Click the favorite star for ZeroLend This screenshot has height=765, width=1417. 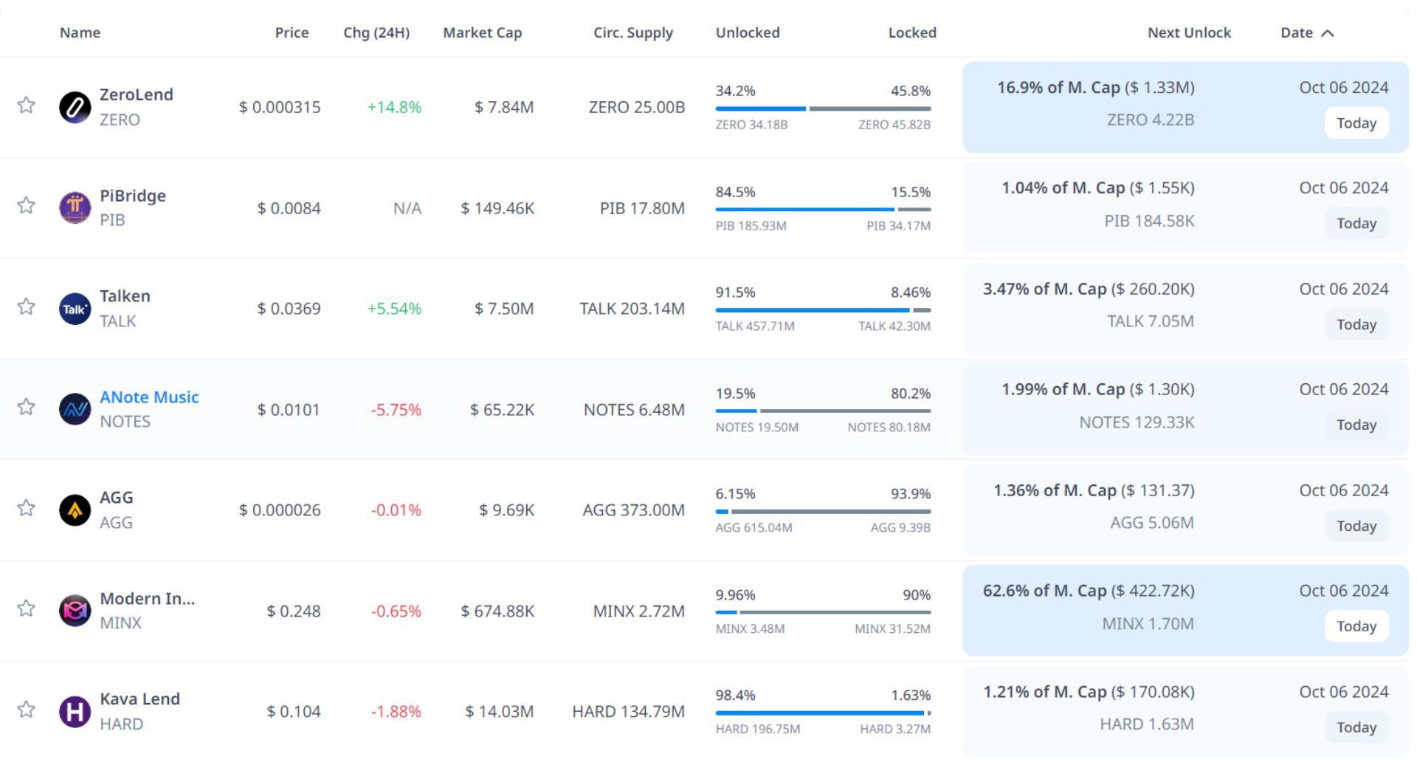click(27, 105)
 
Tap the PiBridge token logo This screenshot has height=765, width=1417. click(75, 207)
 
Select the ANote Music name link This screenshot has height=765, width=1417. click(149, 397)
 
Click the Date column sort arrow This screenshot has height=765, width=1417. click(1328, 33)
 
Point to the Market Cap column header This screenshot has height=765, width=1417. click(482, 33)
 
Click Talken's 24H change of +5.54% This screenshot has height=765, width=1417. click(394, 309)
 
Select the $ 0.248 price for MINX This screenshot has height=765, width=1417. click(294, 611)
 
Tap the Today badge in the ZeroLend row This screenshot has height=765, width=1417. click(1356, 123)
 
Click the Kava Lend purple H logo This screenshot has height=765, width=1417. click(75, 712)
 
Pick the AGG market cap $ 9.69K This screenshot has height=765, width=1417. click(506, 510)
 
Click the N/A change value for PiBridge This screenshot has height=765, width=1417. click(407, 209)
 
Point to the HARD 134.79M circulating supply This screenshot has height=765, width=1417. click(628, 712)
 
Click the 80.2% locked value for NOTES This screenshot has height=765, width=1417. click(910, 394)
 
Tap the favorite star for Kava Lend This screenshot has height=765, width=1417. click(27, 710)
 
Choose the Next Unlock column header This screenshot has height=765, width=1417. click(1189, 33)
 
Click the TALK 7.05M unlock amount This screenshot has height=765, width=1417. click(1150, 321)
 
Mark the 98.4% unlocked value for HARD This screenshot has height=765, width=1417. click(735, 696)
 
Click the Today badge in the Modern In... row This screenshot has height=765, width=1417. click(1356, 627)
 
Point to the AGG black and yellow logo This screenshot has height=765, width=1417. click(75, 510)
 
